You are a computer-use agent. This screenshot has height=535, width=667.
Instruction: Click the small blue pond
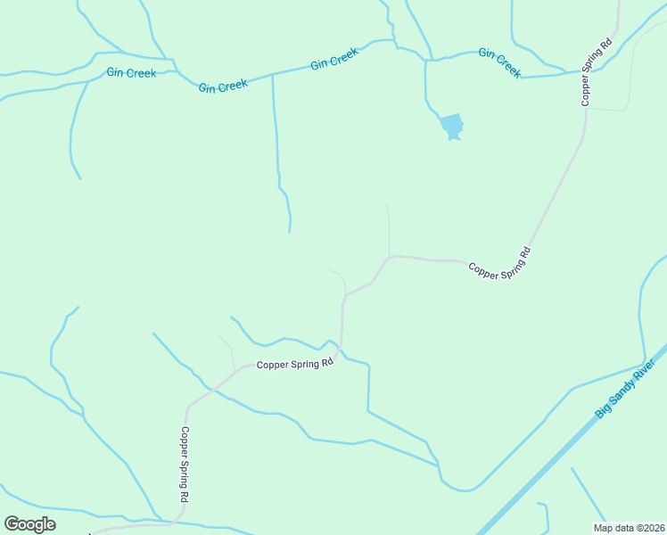[x=452, y=127]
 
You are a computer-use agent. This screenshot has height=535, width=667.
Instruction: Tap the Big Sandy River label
[x=630, y=390]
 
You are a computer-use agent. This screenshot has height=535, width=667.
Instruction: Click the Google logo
[x=29, y=524]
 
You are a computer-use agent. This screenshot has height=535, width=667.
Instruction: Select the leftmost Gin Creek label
[x=131, y=73]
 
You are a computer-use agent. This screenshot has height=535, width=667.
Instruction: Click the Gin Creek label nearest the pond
[x=499, y=62]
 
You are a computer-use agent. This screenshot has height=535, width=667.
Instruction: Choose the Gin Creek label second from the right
[x=334, y=59]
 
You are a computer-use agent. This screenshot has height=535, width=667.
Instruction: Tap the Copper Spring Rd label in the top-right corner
[x=597, y=72]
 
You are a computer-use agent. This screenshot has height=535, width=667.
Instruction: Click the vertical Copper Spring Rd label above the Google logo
[x=185, y=465]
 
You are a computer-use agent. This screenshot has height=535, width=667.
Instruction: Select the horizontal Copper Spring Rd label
[x=294, y=364]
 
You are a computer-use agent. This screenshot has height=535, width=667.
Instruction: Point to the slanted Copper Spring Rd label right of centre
[x=499, y=265]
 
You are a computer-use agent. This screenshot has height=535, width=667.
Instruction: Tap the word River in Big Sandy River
[x=648, y=371]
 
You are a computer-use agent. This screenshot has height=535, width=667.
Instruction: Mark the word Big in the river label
[x=606, y=413]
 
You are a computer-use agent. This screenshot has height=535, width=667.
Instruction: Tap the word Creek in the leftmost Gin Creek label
[x=142, y=73]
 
